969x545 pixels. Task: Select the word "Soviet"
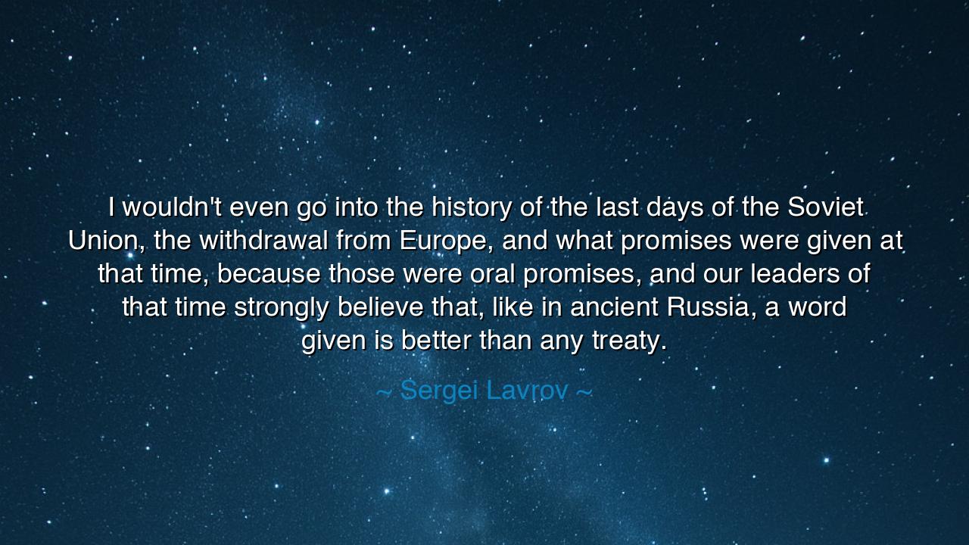826,207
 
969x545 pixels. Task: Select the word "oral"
492,273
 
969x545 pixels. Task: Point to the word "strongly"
281,307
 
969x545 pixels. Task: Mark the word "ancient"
614,307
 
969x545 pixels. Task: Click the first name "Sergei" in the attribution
439,391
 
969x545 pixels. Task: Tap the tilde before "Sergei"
384,391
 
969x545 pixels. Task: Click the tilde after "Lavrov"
584,391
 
